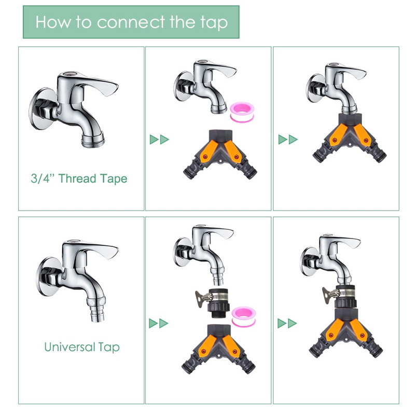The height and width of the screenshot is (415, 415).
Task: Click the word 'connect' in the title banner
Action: [131, 22]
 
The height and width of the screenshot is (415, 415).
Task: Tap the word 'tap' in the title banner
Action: [214, 23]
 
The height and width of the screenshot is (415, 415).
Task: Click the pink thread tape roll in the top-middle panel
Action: [242, 112]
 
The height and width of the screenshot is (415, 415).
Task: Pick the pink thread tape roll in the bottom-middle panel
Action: [243, 316]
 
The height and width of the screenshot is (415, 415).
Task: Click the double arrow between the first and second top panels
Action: [159, 140]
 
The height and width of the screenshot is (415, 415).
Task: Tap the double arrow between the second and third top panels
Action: [288, 140]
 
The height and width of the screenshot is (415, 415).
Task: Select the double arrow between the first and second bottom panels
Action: [159, 323]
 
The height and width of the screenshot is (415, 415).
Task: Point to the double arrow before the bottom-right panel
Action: [287, 323]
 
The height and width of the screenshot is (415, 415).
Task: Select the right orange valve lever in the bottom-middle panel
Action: [231, 346]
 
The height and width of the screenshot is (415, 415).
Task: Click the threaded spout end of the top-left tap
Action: [93, 140]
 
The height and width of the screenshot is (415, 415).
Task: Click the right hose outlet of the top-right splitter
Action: [379, 154]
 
